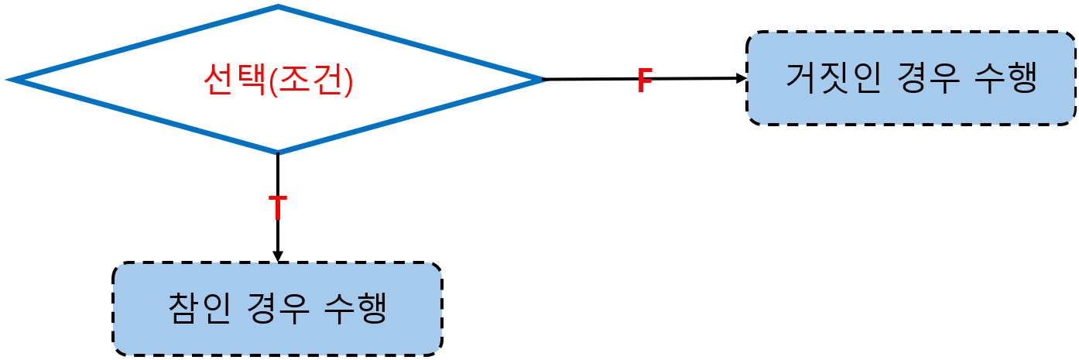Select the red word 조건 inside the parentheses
coord(310,79)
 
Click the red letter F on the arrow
coord(644,80)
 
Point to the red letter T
coord(277,207)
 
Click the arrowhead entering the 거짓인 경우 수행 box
coord(742,78)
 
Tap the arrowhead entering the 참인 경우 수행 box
coord(278,256)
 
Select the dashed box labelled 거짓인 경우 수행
coord(910,108)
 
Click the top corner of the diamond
coord(278,9)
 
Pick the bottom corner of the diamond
coord(278,151)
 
